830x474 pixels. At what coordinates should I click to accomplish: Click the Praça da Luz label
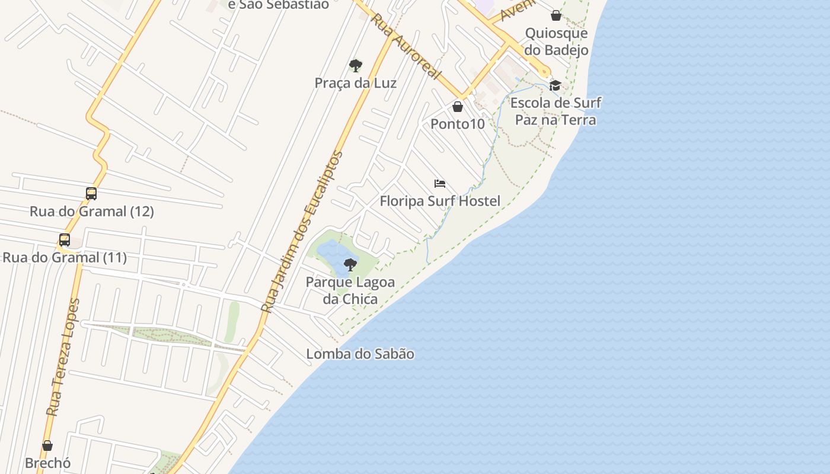pos(355,83)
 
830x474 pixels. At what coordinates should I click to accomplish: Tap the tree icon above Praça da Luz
pos(356,65)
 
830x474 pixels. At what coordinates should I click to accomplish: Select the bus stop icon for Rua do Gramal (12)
pos(91,194)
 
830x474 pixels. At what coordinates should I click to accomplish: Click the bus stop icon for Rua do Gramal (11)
pos(65,240)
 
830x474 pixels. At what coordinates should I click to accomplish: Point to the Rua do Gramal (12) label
pos(92,212)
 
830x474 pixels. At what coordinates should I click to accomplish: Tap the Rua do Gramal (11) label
pos(65,258)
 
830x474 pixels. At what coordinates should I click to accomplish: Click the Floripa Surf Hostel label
pos(440,201)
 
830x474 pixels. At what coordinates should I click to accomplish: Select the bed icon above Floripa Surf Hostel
pos(440,184)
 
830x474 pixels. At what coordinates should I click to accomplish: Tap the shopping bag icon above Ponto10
pos(458,107)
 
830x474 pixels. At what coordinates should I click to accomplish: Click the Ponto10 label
pos(458,124)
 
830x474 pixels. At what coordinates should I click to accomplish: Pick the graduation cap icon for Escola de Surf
pos(556,85)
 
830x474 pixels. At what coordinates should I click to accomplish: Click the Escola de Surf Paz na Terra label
pos(556,111)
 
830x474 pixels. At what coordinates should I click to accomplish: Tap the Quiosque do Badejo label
pos(557,41)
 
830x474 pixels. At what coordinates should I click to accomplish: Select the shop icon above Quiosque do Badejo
pos(556,15)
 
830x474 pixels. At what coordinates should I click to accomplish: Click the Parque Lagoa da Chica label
pos(350,290)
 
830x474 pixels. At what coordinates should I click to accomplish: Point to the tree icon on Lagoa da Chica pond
pos(350,264)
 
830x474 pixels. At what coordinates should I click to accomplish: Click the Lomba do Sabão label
pos(360,354)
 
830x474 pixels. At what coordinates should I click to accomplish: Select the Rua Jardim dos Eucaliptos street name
pos(302,231)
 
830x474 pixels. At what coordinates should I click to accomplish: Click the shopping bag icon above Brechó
pos(47,446)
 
